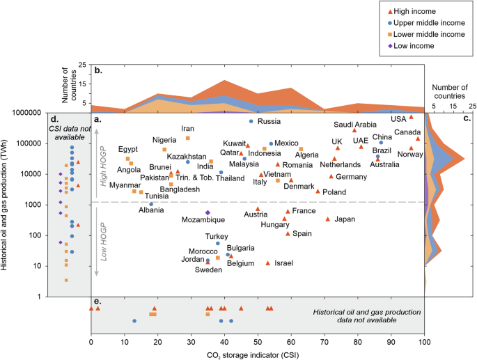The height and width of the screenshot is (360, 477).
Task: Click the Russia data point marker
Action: (x=251, y=121)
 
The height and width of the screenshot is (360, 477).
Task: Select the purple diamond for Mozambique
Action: (x=208, y=212)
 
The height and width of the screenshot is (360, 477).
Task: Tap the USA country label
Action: (x=398, y=119)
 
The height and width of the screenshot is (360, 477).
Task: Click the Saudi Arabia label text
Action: (x=355, y=125)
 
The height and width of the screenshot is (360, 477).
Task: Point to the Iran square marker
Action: (x=188, y=138)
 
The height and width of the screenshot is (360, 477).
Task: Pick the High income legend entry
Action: (x=412, y=12)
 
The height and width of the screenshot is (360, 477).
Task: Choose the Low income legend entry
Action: (x=411, y=46)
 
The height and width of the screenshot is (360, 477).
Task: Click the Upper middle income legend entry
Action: (x=426, y=23)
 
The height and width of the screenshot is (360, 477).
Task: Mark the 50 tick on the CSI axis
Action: (x=258, y=342)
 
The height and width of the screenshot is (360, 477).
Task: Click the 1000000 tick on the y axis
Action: (x=26, y=113)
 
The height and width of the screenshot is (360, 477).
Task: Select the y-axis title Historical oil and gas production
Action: (x=4, y=205)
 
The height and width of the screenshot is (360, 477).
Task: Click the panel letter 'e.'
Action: (x=97, y=302)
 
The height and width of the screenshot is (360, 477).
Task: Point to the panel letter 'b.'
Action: (x=98, y=70)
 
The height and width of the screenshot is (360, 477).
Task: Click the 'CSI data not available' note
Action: (x=70, y=133)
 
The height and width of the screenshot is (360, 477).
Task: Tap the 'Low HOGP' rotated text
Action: (x=104, y=242)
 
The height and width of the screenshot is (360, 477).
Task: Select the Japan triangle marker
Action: (x=328, y=219)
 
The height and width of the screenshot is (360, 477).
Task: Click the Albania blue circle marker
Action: (x=151, y=204)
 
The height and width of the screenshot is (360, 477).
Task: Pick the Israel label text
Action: (x=284, y=263)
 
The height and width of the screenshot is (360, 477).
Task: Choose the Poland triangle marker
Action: (x=318, y=191)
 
